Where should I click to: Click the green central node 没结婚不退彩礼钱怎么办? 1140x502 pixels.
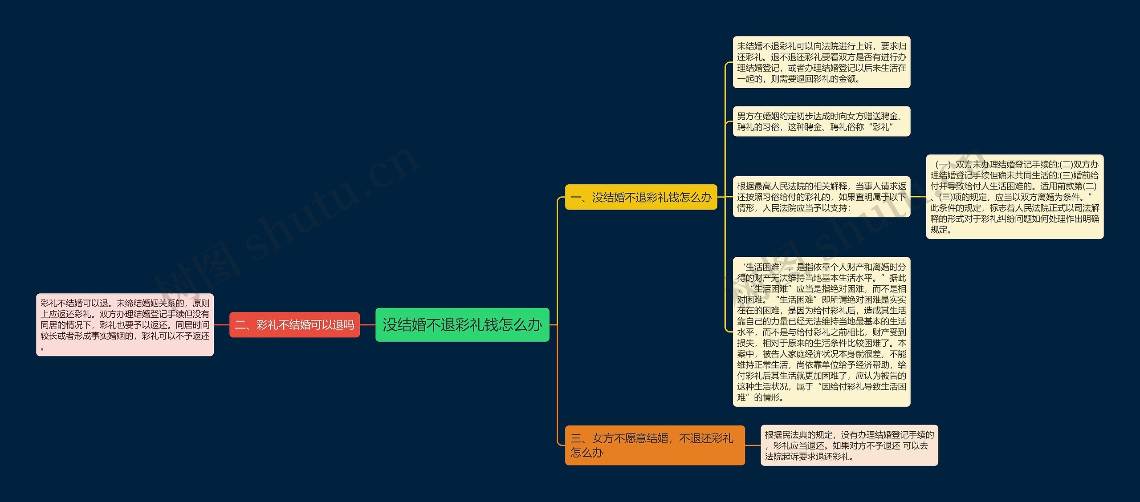(462, 325)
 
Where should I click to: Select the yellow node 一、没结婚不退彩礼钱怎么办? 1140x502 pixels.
(641, 197)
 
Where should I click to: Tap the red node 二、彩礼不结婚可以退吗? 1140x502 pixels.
(294, 325)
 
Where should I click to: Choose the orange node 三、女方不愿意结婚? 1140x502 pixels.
(654, 445)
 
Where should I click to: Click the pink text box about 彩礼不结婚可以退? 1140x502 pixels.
(125, 324)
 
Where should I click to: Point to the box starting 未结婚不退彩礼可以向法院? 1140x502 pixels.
(821, 62)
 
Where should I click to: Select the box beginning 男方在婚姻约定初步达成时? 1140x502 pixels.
(821, 121)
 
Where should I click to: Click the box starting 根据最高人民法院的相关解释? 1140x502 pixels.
(821, 197)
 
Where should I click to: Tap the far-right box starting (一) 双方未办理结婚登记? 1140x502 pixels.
(1014, 197)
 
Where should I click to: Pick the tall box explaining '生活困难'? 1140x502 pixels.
(821, 332)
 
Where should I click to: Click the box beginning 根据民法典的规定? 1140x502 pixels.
(849, 445)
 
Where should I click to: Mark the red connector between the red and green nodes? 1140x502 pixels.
(367, 325)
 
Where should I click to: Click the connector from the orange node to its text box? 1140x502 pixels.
(753, 445)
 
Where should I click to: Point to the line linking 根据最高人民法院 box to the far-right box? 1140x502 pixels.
(918, 197)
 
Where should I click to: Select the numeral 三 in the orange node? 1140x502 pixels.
(576, 438)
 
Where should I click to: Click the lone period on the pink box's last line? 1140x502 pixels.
(42, 348)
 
